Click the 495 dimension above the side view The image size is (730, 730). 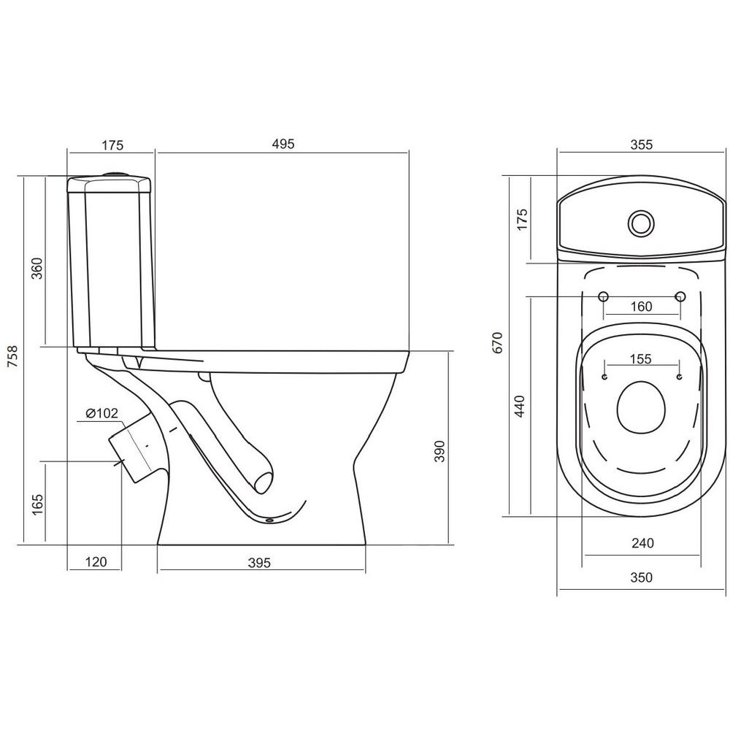coord(283,144)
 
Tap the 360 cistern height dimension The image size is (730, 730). coord(36,268)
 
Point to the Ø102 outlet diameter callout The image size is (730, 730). coord(102,413)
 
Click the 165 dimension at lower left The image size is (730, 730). coord(37,504)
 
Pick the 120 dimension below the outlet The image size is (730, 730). coord(96,562)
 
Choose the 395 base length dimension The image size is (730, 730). coord(259,563)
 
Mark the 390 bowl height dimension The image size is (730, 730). coord(439,451)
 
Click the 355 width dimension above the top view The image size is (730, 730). coord(642,145)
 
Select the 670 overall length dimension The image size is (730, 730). coord(498,342)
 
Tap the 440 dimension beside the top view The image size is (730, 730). coord(520,406)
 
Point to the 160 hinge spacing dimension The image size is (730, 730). coord(642,307)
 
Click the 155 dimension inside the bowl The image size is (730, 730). coord(641,359)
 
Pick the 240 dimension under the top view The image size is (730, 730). coord(642,543)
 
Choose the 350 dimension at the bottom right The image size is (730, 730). coord(642,577)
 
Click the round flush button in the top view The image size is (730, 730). coord(641,223)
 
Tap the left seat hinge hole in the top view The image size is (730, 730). coord(603,296)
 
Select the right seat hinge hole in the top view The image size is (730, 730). coord(680,296)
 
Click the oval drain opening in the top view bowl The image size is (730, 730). coord(641,407)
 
